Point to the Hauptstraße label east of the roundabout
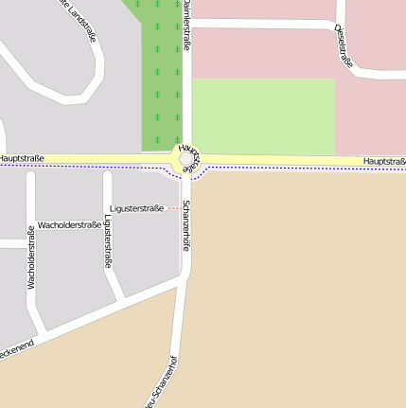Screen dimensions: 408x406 pyautogui.click(x=384, y=162)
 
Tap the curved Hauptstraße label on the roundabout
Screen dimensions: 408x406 pyautogui.click(x=189, y=157)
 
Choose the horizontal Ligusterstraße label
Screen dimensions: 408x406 pyautogui.click(x=136, y=207)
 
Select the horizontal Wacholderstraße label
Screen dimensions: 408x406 pyautogui.click(x=69, y=224)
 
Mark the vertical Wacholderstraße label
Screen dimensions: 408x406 pyautogui.click(x=31, y=257)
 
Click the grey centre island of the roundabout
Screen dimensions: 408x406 pyautogui.click(x=186, y=161)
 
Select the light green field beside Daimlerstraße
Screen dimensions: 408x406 pyautogui.click(x=263, y=115)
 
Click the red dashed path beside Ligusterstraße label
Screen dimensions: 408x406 pyautogui.click(x=173, y=208)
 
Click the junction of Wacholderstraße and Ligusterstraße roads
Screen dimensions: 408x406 pyautogui.click(x=107, y=173)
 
